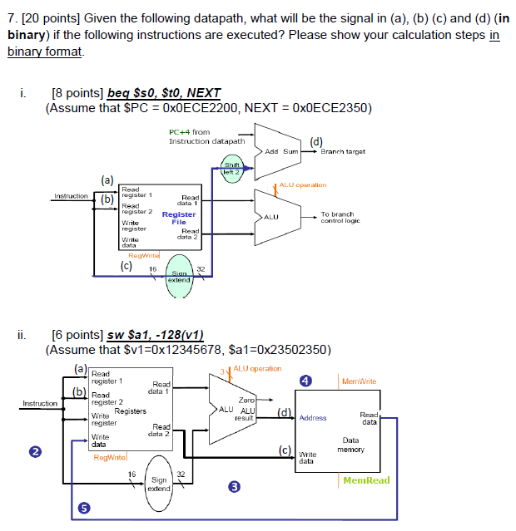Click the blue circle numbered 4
[305, 381]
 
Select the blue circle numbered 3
[236, 487]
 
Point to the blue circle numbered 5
[82, 508]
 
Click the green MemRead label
[365, 480]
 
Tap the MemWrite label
[359, 381]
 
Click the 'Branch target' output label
[343, 152]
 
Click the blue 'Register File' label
[179, 219]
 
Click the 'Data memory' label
[350, 445]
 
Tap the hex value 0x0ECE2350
[329, 108]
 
